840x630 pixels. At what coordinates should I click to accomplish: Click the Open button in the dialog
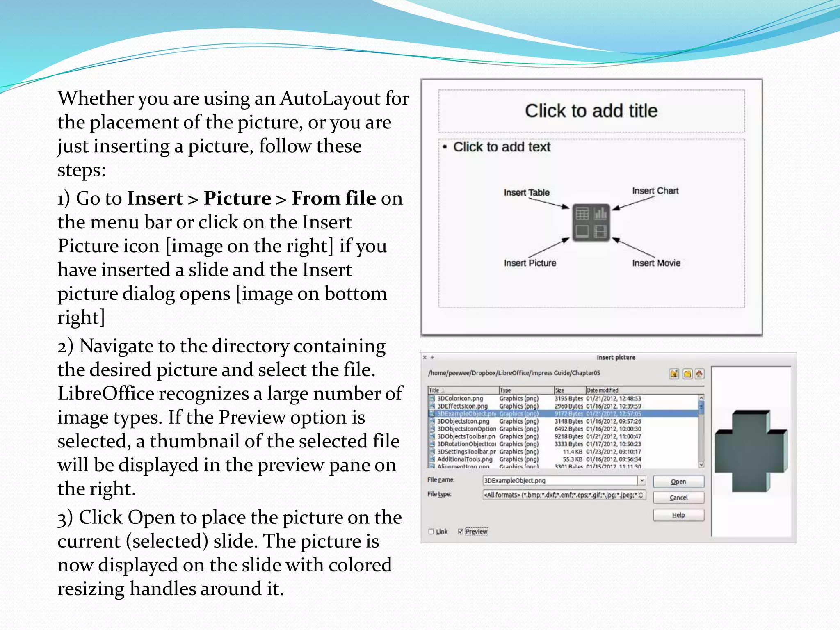tap(678, 482)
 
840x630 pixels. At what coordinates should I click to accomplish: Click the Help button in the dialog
tap(678, 515)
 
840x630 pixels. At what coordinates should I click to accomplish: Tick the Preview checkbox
tap(461, 532)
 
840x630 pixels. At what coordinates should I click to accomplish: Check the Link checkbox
tap(431, 532)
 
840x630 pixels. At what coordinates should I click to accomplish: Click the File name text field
tap(559, 480)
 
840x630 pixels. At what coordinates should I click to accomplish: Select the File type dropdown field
tap(564, 495)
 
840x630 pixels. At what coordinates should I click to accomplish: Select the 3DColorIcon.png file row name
tap(460, 398)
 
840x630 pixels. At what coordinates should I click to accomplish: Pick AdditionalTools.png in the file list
tap(464, 459)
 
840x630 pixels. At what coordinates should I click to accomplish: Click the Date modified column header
tap(602, 390)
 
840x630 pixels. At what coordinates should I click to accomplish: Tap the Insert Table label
tap(526, 192)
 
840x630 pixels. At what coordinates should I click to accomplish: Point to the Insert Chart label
tap(655, 191)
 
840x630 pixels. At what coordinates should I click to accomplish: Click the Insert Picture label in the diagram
tap(530, 263)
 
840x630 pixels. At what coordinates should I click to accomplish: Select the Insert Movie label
tap(656, 263)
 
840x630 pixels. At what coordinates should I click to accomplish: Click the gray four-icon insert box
tap(591, 223)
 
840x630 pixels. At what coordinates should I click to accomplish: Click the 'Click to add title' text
tap(591, 111)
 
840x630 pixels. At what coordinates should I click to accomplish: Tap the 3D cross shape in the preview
tap(750, 451)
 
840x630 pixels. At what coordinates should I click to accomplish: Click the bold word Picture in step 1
tap(237, 199)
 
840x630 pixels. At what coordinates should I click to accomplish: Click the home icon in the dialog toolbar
tap(699, 374)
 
